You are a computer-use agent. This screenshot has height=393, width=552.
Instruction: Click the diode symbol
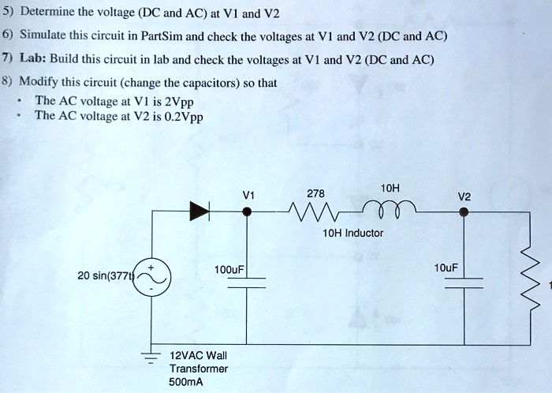pyautogui.click(x=199, y=211)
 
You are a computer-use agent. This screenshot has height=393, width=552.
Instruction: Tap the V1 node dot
pyautogui.click(x=247, y=211)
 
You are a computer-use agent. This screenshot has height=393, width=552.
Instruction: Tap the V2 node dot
pyautogui.click(x=464, y=211)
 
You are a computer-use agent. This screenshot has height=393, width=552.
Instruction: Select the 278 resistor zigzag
pyautogui.click(x=312, y=211)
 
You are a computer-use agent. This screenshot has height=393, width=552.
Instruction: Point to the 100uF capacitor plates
pyautogui.click(x=247, y=283)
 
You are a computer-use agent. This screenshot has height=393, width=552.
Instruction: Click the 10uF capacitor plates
pyautogui.click(x=464, y=283)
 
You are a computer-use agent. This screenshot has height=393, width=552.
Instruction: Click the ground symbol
pyautogui.click(x=150, y=356)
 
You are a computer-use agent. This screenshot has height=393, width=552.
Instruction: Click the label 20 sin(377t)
pyautogui.click(x=105, y=276)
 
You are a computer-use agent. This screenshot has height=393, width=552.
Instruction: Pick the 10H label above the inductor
pyautogui.click(x=390, y=188)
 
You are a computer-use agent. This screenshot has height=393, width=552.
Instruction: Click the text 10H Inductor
pyautogui.click(x=352, y=233)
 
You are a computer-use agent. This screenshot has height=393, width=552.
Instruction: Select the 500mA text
pyautogui.click(x=187, y=382)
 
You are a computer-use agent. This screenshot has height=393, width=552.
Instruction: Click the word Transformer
pyautogui.click(x=199, y=369)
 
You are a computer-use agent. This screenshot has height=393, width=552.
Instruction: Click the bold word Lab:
pyautogui.click(x=36, y=61)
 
